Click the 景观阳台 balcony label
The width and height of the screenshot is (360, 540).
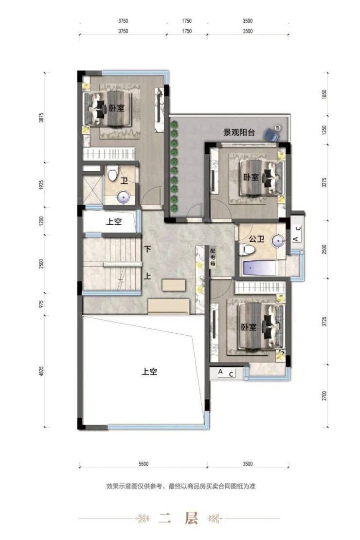[239, 132]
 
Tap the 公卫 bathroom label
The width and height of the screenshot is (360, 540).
[257, 239]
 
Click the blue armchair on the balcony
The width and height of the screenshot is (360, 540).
[272, 134]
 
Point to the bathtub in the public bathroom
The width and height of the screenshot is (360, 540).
[261, 268]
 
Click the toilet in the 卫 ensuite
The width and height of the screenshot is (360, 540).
[112, 173]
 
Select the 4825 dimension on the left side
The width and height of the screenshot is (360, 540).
[41, 371]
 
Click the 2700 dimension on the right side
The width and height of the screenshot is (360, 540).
[324, 396]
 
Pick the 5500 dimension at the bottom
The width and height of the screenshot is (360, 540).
[144, 464]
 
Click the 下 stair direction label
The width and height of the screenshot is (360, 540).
[148, 249]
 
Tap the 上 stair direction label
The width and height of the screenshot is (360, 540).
[147, 276]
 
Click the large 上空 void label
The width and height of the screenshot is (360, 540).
[149, 372]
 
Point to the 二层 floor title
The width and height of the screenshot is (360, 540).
[179, 518]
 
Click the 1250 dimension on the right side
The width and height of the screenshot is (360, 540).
[324, 130]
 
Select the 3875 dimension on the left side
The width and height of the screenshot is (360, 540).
[41, 117]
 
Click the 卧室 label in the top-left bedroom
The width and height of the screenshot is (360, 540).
[117, 108]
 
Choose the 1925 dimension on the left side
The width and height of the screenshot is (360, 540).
[41, 185]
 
